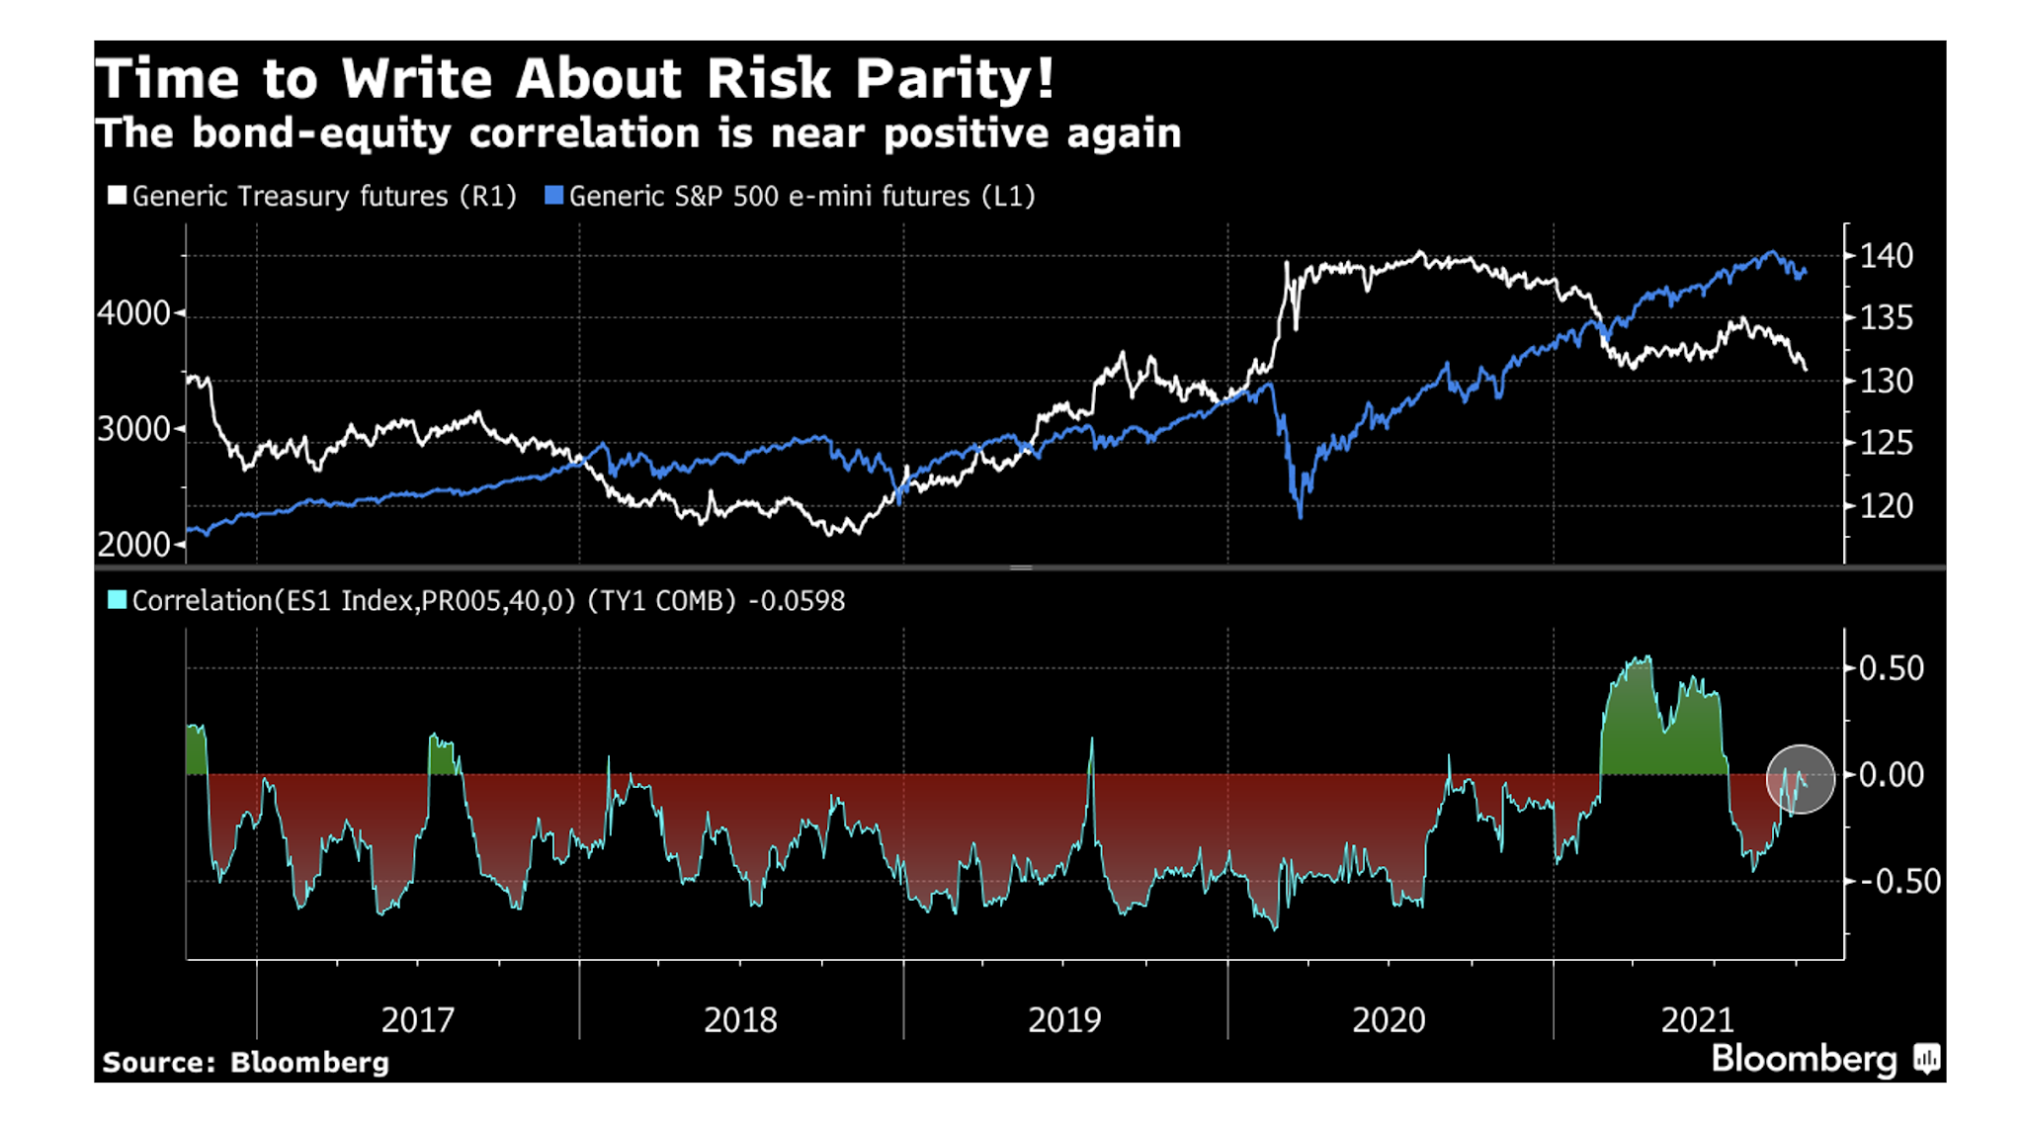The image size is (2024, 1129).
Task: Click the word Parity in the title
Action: pos(954,79)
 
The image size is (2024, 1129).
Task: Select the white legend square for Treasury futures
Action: pos(117,196)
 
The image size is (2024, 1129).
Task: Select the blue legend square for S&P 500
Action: pos(553,196)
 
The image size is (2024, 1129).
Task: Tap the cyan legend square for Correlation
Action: pos(117,600)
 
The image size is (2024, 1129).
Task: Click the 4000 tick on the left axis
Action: pos(134,314)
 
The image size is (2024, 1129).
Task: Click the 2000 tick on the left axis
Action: pos(134,544)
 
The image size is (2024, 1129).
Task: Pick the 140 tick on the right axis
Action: pos(1886,256)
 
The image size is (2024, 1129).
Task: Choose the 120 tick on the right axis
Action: pos(1886,506)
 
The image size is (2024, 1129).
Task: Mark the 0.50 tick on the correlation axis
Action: pos(1891,668)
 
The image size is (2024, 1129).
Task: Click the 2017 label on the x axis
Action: pos(417,1019)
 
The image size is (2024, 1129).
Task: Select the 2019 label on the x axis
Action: pos(1063,1019)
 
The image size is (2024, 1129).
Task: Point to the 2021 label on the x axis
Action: pos(1697,1019)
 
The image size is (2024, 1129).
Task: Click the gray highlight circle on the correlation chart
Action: pos(1800,779)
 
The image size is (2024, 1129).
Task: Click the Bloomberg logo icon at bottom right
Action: pos(1926,1059)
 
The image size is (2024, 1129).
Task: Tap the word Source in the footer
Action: pos(156,1063)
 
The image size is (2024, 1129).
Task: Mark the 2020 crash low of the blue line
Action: pos(1300,515)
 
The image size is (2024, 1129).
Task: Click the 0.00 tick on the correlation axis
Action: pos(1891,775)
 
